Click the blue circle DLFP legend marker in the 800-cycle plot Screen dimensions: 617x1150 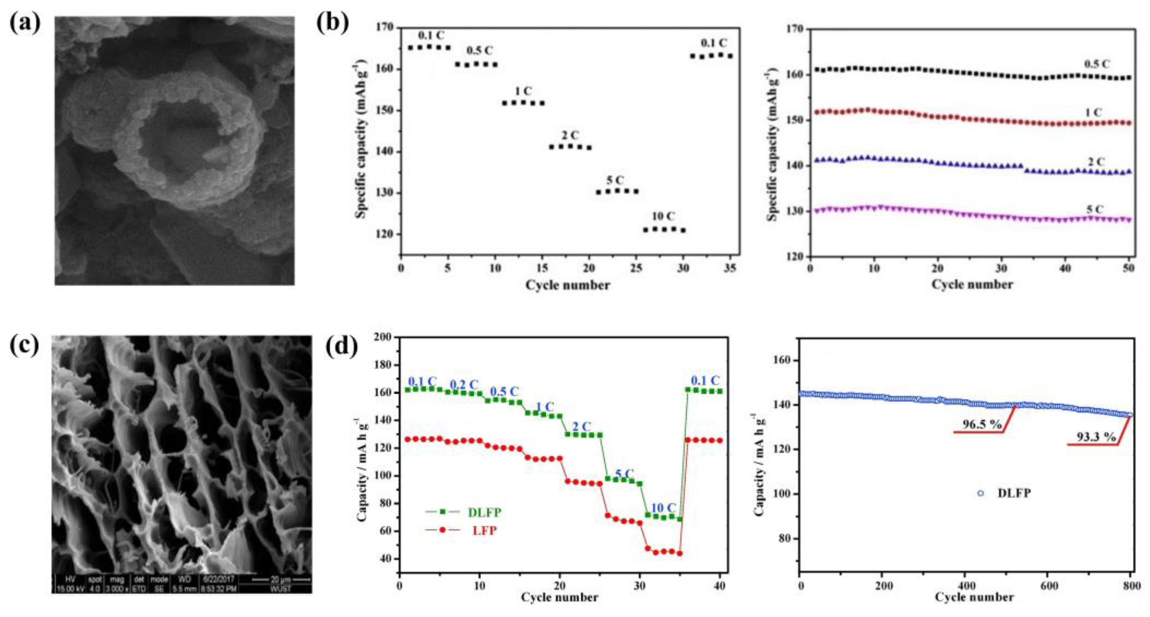(x=981, y=493)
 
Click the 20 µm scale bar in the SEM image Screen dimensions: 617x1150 (x=281, y=580)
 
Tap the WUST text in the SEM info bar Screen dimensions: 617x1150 (x=281, y=589)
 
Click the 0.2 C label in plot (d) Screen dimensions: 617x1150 (x=464, y=385)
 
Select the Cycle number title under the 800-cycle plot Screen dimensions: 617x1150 (x=974, y=597)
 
